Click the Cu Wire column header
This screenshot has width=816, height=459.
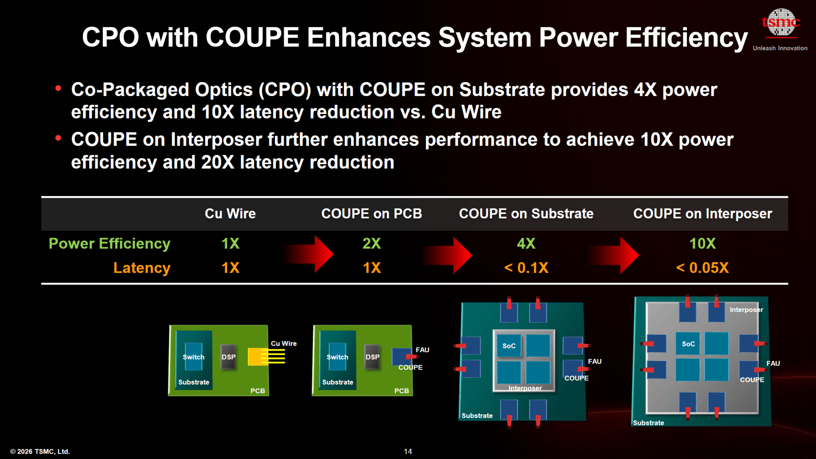pyautogui.click(x=230, y=213)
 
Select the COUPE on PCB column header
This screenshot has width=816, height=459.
pyautogui.click(x=371, y=213)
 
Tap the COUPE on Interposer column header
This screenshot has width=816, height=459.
pyautogui.click(x=703, y=213)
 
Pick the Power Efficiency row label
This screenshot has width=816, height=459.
pyautogui.click(x=109, y=244)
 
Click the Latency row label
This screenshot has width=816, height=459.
pyautogui.click(x=142, y=268)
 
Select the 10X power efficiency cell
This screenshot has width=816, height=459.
pyautogui.click(x=703, y=244)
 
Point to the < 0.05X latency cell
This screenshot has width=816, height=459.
pyautogui.click(x=703, y=268)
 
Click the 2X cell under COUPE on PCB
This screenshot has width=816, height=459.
pyautogui.click(x=371, y=244)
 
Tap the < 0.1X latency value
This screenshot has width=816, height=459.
pyautogui.click(x=526, y=268)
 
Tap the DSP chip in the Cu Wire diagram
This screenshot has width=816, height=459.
pyautogui.click(x=228, y=357)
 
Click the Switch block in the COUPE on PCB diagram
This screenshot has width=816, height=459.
pyautogui.click(x=337, y=357)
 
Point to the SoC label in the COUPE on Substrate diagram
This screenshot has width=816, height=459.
pyautogui.click(x=509, y=346)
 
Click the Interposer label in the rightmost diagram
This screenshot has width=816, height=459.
pyautogui.click(x=746, y=309)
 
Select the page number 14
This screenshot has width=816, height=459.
pyautogui.click(x=408, y=451)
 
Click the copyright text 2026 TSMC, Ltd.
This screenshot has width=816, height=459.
pyautogui.click(x=40, y=451)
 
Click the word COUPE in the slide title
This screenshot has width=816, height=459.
pyautogui.click(x=252, y=37)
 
